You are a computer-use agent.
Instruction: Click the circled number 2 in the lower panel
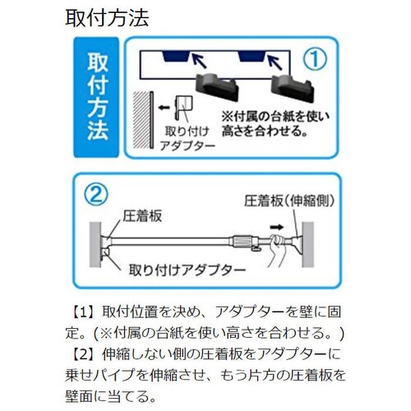[98, 196]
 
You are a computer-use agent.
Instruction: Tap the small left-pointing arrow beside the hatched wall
[164, 105]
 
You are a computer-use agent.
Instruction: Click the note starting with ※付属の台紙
[277, 122]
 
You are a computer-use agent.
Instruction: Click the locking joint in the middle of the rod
[243, 241]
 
